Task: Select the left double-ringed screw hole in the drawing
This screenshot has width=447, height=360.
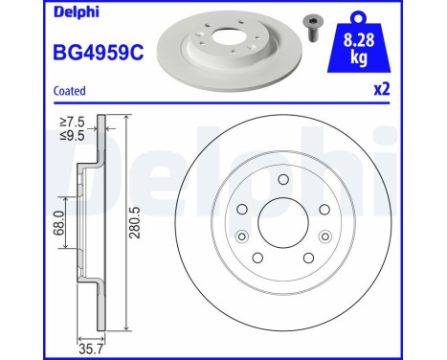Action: pos(240,237)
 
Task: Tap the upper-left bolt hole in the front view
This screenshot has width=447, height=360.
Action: pos(242,211)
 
